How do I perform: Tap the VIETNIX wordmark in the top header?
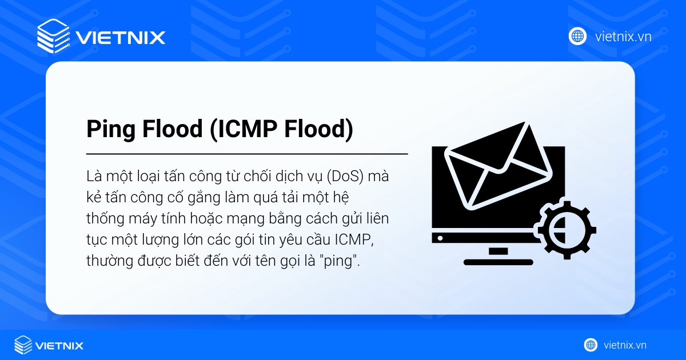click(120, 38)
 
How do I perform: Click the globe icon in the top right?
click(577, 36)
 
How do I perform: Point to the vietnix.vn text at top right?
click(623, 37)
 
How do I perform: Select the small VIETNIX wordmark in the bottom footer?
click(59, 345)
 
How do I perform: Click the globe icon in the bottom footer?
click(591, 345)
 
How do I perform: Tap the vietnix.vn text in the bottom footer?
click(625, 345)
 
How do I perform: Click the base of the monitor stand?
click(498, 262)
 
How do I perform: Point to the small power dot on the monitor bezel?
click(440, 237)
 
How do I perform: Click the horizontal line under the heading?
click(247, 154)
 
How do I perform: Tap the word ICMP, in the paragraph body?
click(358, 241)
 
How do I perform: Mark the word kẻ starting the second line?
click(93, 198)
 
